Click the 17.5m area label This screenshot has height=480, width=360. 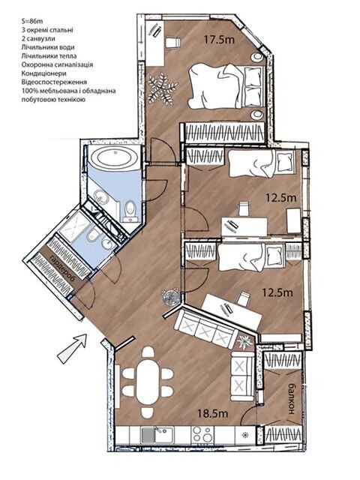(219, 40)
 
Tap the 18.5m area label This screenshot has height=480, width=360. (213, 414)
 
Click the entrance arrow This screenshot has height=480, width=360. (72, 348)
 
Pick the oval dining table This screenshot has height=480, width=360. (148, 382)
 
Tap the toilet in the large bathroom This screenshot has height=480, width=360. (130, 211)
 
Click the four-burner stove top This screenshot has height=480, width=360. (202, 435)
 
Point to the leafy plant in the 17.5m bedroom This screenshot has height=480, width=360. (162, 89)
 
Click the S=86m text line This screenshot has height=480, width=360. (32, 21)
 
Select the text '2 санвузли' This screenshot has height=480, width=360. (38, 39)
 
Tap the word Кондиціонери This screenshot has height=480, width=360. (43, 73)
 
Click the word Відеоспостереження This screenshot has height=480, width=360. (54, 82)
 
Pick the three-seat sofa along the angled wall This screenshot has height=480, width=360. (205, 329)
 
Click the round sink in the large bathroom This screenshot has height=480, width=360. (102, 196)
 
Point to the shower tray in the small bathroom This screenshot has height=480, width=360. (73, 226)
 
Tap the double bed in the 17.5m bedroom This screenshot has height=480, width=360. (226, 86)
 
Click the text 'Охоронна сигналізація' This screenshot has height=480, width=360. (57, 65)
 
